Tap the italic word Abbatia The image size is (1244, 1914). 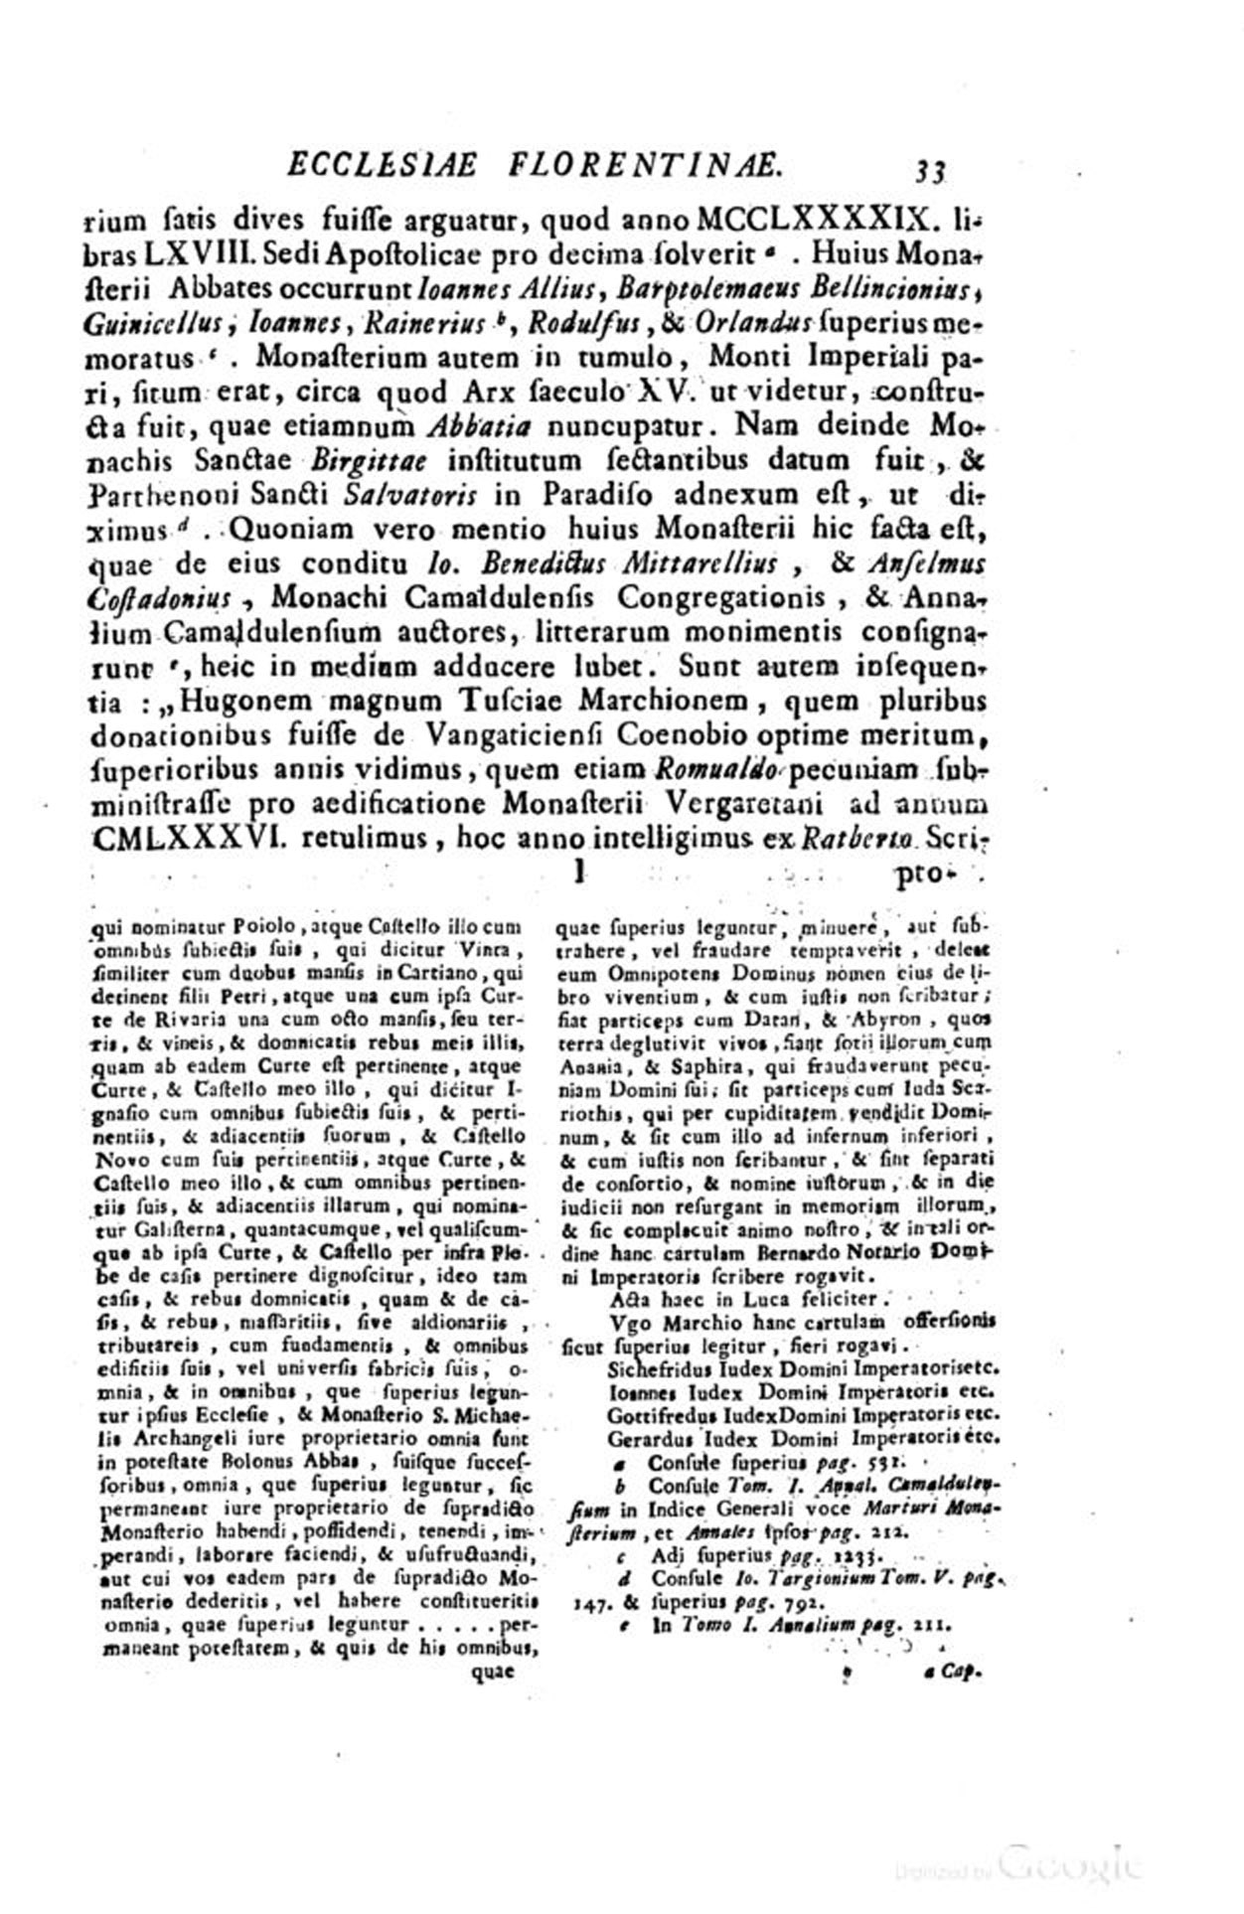[472, 426]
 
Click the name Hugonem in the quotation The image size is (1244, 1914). [253, 701]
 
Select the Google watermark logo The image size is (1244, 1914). [1069, 1859]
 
